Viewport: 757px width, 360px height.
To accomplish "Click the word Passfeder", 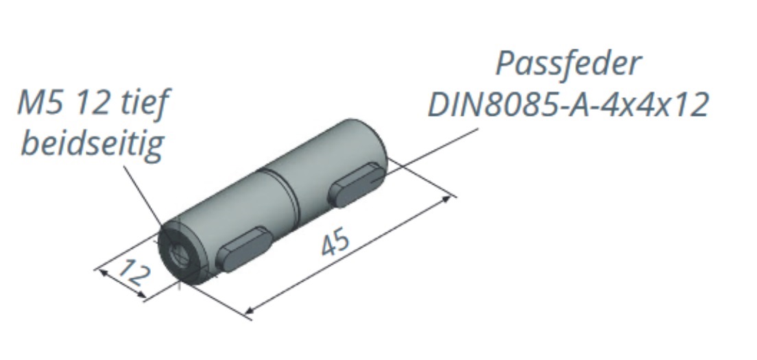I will pyautogui.click(x=568, y=63).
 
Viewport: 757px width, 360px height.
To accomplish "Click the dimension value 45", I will pyautogui.click(x=335, y=243).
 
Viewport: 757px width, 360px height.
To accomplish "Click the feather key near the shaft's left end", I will pyautogui.click(x=243, y=245).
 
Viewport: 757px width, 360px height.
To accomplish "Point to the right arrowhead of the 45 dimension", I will pyautogui.click(x=448, y=199).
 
